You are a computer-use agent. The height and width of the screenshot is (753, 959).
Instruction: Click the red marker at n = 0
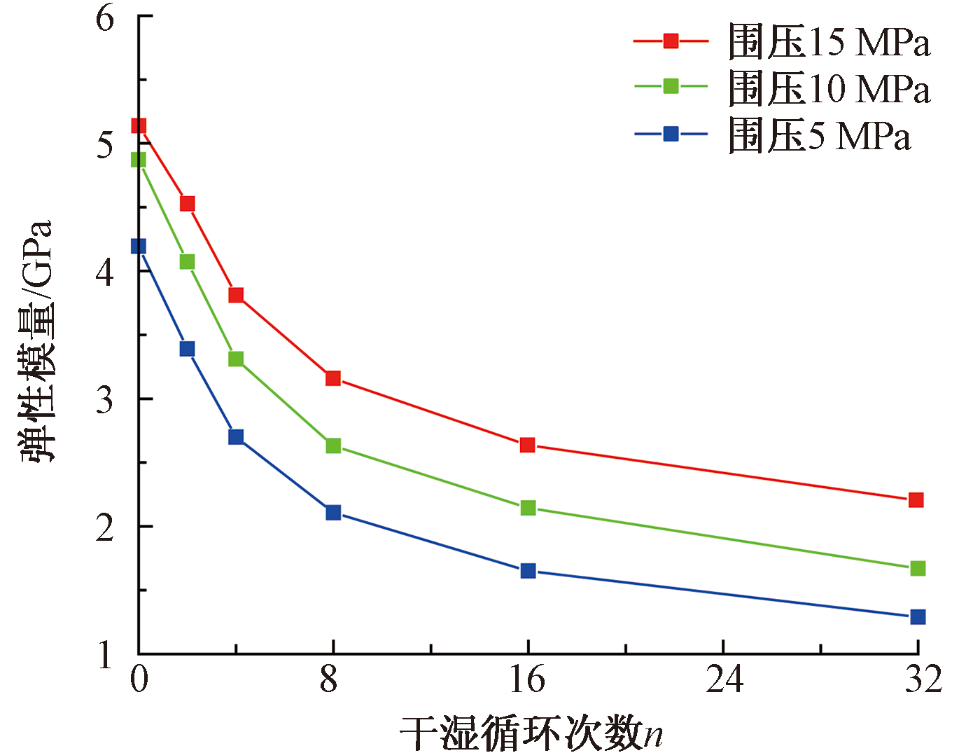pyautogui.click(x=139, y=126)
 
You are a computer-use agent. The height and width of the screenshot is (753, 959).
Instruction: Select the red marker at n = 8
pyautogui.click(x=333, y=378)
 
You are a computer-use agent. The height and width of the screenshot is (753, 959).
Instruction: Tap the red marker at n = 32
pyautogui.click(x=916, y=500)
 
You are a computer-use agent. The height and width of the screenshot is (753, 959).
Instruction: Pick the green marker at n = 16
pyautogui.click(x=528, y=508)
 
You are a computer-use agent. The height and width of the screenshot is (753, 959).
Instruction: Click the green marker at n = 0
pyautogui.click(x=139, y=160)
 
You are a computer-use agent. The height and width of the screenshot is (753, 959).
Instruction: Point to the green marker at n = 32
pyautogui.click(x=918, y=568)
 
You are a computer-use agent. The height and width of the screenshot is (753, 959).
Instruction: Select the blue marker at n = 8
pyautogui.click(x=333, y=513)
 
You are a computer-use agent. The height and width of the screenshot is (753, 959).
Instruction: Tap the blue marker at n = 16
pyautogui.click(x=528, y=571)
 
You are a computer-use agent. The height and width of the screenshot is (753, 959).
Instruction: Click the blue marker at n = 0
pyautogui.click(x=139, y=246)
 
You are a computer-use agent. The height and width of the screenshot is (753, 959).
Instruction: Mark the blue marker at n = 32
pyautogui.click(x=918, y=617)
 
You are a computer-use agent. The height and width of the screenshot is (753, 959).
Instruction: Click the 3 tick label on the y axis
pyautogui.click(x=105, y=400)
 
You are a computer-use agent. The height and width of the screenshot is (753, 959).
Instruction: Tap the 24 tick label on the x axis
pyautogui.click(x=724, y=679)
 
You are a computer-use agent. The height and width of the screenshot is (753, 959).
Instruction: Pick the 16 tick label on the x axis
pyautogui.click(x=527, y=679)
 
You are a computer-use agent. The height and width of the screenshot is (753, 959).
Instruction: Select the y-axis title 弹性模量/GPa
pyautogui.click(x=36, y=341)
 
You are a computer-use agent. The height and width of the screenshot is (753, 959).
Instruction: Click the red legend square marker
pyautogui.click(x=671, y=41)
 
